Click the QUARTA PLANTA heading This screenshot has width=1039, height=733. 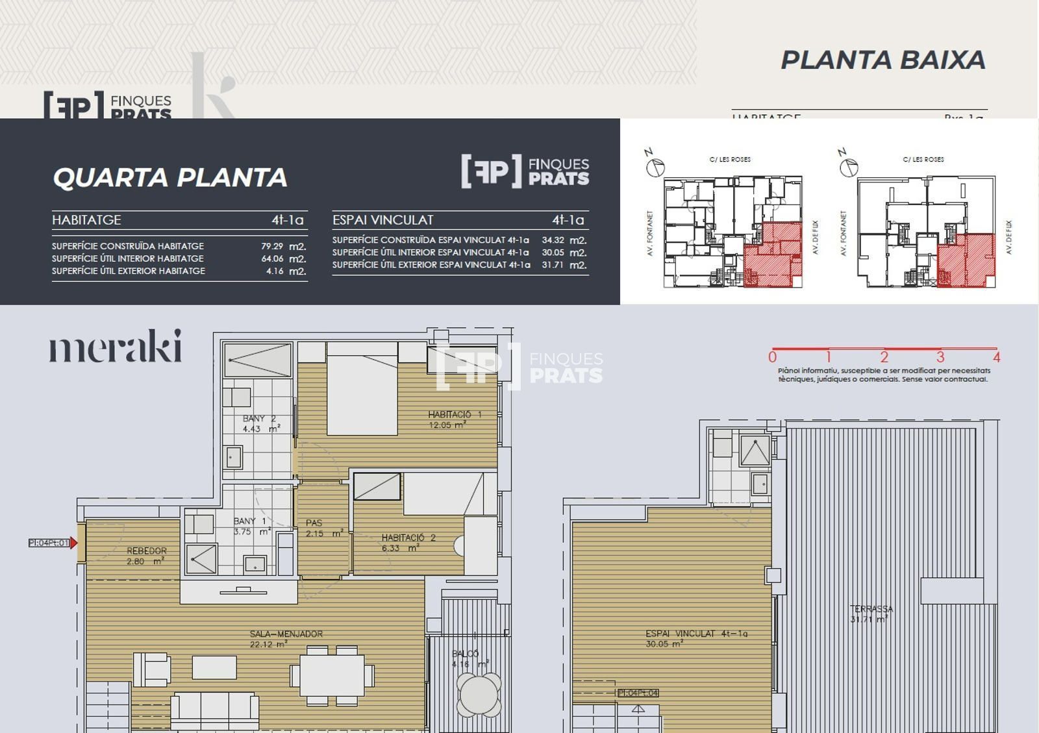(169, 177)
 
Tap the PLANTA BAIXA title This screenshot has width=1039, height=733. (883, 60)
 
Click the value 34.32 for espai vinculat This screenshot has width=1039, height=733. (553, 240)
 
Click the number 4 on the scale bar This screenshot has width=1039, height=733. (996, 356)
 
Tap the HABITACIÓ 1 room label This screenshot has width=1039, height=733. (454, 414)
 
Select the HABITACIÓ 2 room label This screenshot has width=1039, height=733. (408, 538)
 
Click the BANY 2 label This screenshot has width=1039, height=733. (259, 419)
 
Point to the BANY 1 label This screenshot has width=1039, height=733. (250, 521)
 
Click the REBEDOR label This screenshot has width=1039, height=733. (147, 551)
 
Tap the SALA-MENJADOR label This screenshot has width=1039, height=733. (286, 634)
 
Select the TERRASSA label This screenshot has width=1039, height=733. (871, 609)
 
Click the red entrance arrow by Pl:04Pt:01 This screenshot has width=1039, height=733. (74, 543)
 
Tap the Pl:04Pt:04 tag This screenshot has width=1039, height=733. (638, 693)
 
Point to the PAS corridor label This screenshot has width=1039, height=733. (314, 523)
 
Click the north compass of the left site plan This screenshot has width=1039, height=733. (655, 167)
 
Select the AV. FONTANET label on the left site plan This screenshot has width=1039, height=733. (650, 233)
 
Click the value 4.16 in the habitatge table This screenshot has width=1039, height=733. (275, 271)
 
